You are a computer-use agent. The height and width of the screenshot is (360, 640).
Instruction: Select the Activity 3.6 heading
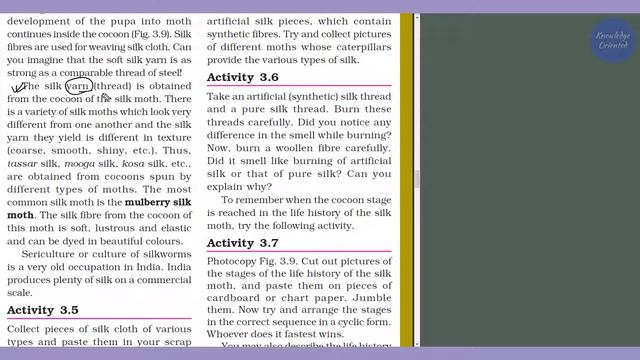(243, 77)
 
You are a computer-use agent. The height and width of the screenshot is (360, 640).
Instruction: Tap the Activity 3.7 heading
(243, 243)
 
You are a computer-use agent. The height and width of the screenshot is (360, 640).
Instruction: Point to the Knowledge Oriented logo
(612, 42)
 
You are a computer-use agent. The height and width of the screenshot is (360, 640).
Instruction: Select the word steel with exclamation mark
(168, 72)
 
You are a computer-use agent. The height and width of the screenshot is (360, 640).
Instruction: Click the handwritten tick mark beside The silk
(17, 88)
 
